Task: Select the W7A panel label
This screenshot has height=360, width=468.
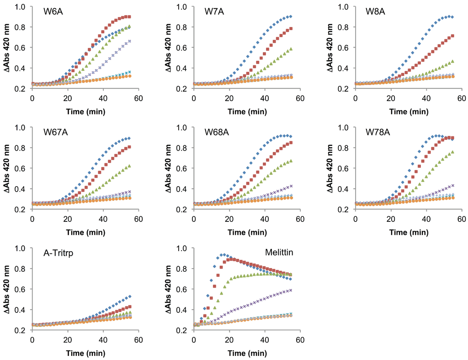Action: coord(214,11)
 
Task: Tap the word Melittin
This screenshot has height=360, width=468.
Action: coord(279,253)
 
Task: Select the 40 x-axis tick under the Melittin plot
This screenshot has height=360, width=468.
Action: coord(264,340)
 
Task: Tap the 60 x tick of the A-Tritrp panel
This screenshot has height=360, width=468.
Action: coord(138,340)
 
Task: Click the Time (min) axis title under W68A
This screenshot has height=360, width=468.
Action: coord(246,231)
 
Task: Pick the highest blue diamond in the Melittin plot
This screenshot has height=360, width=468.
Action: coord(222,255)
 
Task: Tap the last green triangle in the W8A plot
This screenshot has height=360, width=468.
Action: coord(453,61)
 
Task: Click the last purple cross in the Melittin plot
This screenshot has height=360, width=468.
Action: coord(291,290)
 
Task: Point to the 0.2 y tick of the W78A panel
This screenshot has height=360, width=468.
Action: coord(346,210)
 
